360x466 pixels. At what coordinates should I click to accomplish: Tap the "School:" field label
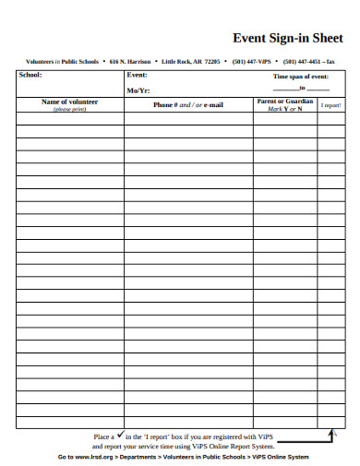click(x=29, y=74)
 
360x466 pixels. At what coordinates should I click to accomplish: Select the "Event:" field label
click(x=138, y=74)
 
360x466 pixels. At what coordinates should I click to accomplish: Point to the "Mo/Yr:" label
click(x=138, y=90)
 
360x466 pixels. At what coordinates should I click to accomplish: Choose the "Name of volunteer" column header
click(x=69, y=102)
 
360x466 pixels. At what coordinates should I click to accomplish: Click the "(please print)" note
click(x=69, y=109)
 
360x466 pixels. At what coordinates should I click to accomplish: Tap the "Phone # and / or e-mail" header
click(x=188, y=105)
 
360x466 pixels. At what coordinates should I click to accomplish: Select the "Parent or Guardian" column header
click(x=285, y=101)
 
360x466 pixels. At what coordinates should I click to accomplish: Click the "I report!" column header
click(x=330, y=105)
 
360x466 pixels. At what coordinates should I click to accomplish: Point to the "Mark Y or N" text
click(x=285, y=109)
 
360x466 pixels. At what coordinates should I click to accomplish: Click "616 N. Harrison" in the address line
click(x=130, y=61)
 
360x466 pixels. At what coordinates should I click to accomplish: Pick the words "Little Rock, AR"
click(x=181, y=61)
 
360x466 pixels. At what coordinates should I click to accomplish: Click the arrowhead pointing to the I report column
click(x=333, y=431)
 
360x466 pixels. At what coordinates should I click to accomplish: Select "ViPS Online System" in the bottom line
click(x=281, y=457)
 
